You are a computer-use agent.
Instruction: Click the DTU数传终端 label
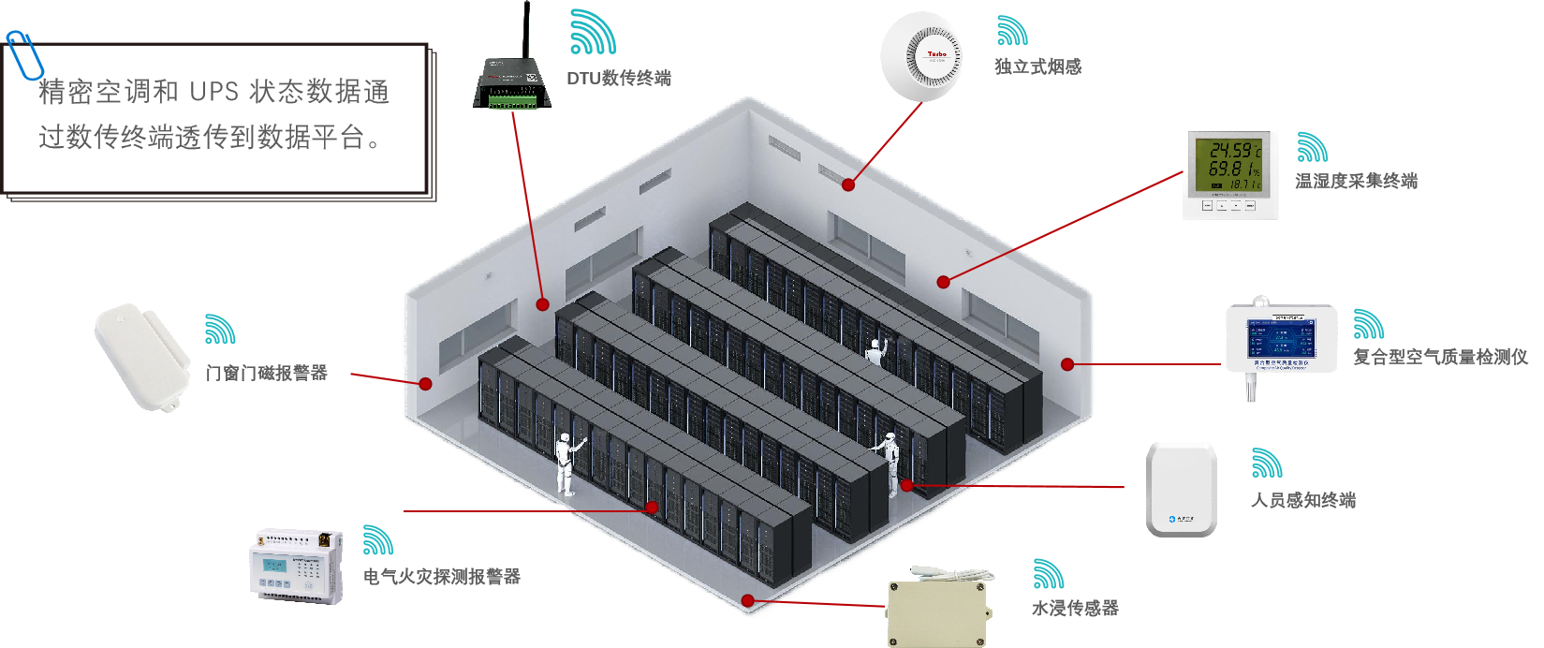[x=618, y=78]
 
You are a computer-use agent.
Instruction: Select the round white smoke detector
[x=921, y=56]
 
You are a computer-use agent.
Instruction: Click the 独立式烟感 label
[x=1037, y=66]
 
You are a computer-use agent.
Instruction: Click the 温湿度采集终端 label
[x=1356, y=181]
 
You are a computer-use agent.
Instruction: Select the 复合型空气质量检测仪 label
[x=1439, y=357]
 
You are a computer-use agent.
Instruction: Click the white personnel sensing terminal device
[x=1182, y=490]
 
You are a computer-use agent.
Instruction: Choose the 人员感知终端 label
[x=1303, y=500]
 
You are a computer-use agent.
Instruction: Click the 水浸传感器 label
[x=1075, y=608]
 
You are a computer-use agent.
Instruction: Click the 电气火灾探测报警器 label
[x=441, y=577]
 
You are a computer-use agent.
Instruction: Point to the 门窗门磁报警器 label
[x=267, y=373]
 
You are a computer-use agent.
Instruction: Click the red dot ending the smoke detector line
[x=848, y=184]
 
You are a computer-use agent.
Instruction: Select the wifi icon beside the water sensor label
[x=1048, y=574]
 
